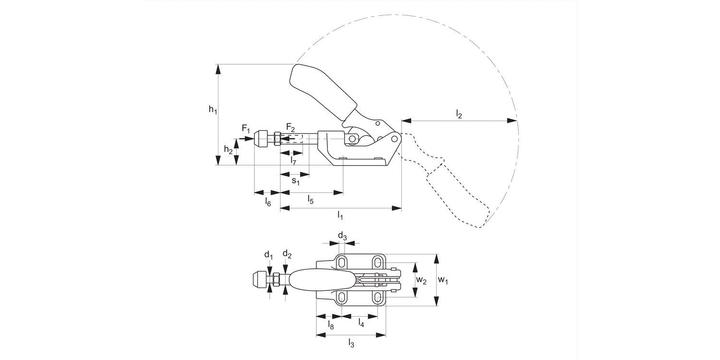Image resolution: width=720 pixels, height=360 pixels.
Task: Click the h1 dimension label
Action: pos(213,110)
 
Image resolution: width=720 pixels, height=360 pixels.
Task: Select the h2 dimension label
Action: pos(228,150)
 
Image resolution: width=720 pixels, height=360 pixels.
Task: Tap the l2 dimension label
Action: pos(458,114)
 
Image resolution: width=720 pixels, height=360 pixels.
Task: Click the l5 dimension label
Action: pos(311,200)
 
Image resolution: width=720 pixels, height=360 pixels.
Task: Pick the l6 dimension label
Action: pos(268,202)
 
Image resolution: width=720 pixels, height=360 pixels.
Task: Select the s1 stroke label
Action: pos(295,181)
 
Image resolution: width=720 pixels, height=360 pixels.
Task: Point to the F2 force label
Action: pos(290,127)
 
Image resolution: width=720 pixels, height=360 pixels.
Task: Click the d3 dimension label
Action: pos(342,236)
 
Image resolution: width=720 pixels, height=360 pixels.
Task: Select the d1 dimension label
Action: pos(268,254)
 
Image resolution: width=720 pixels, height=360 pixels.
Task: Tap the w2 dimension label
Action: pos(421,280)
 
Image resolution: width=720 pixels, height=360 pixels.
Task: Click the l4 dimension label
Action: pos(360,324)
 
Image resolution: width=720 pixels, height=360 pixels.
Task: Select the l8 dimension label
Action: pos(331,325)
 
